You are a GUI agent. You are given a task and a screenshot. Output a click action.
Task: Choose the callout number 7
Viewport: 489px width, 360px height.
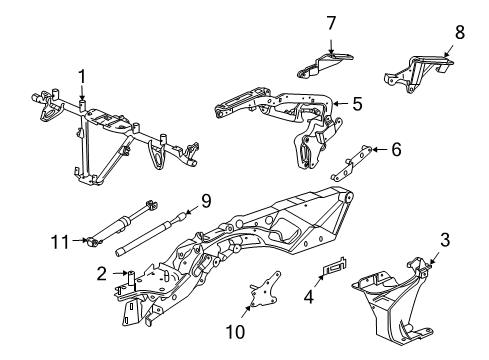[x=331, y=21]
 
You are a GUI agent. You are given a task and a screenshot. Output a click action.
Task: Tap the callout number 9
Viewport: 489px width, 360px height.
[x=205, y=200]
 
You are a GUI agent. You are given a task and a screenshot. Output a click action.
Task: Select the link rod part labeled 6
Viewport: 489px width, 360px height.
[x=354, y=158]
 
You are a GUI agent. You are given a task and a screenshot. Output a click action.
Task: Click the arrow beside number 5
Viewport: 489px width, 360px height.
[x=338, y=102]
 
